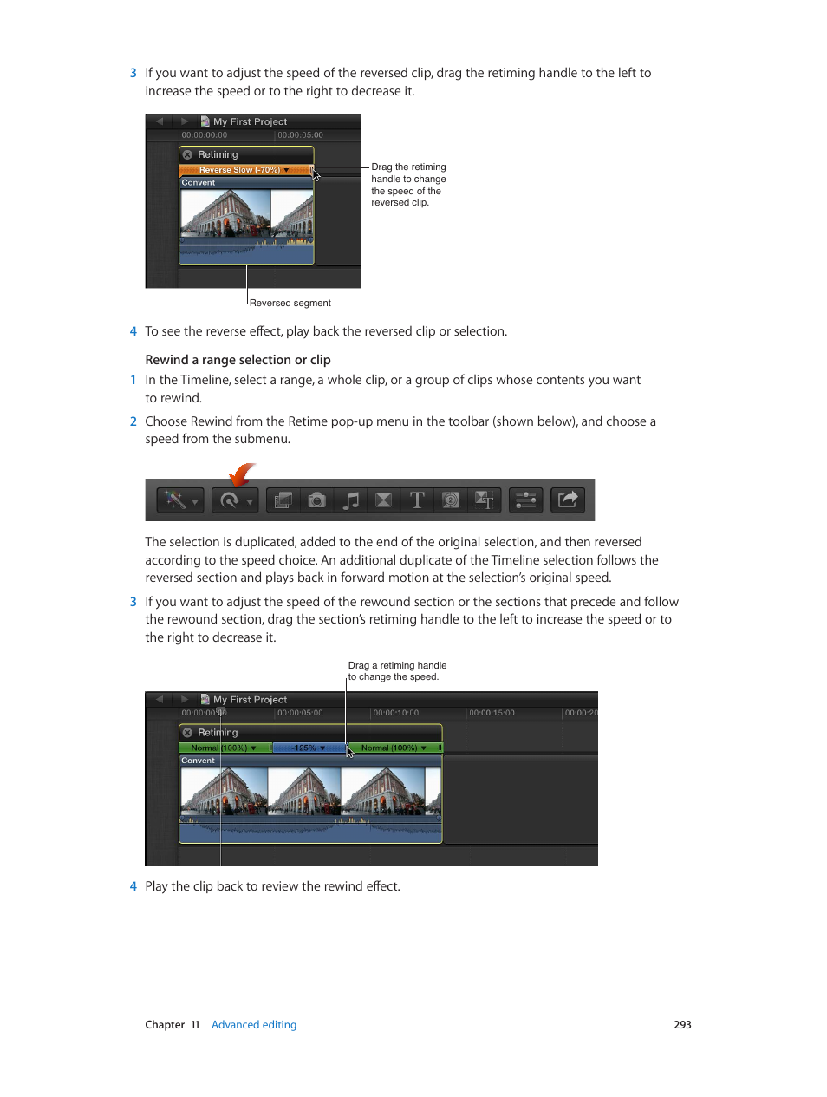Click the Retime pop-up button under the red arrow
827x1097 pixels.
click(x=235, y=500)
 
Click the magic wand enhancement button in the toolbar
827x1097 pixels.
click(x=180, y=500)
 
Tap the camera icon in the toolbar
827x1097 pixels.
click(x=317, y=500)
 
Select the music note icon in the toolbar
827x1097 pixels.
click(x=351, y=500)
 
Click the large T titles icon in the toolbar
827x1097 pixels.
click(x=417, y=500)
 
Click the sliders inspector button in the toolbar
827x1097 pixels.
click(x=525, y=500)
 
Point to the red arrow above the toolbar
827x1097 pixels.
click(x=242, y=474)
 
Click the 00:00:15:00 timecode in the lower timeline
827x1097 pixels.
click(x=492, y=713)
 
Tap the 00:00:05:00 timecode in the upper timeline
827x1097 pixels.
click(x=300, y=135)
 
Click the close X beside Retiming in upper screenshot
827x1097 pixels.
click(x=187, y=155)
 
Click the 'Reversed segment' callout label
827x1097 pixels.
click(x=290, y=303)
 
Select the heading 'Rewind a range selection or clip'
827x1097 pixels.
click(x=238, y=360)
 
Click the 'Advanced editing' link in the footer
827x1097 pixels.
click(x=254, y=1024)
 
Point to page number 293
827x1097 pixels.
click(x=682, y=1024)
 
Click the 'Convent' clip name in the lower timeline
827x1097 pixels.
click(x=198, y=761)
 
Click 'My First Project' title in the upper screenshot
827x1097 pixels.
click(x=250, y=122)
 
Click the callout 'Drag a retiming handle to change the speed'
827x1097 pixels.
click(x=397, y=671)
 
